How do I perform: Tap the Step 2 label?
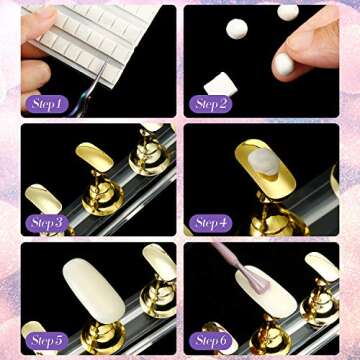[x=211, y=103]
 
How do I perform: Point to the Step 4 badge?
[x=211, y=222]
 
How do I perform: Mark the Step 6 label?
[x=211, y=340]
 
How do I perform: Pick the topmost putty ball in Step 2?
[x=288, y=12]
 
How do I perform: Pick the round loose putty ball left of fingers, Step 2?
[x=238, y=29]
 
